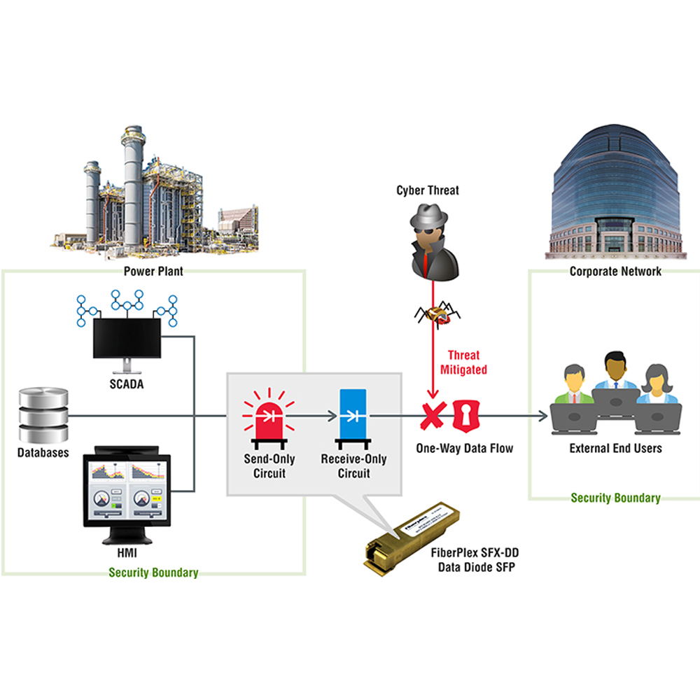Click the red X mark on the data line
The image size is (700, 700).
tap(433, 416)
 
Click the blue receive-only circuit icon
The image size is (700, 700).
tap(353, 416)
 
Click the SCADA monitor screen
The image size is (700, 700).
tap(127, 337)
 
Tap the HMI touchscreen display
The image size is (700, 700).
tap(127, 491)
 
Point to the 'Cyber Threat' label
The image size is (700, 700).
tap(428, 190)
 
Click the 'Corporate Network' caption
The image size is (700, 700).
tap(615, 271)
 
